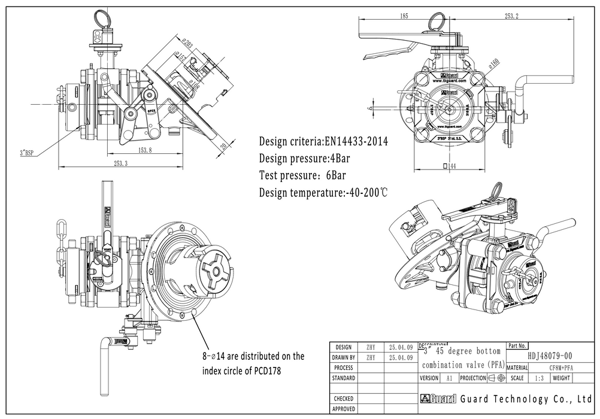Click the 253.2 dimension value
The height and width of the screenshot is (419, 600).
[511, 16]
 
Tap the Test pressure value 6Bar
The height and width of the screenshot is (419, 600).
[334, 176]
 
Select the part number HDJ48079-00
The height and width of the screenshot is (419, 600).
[550, 356]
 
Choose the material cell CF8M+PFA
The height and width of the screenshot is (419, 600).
[560, 368]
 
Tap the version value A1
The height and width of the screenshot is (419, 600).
[449, 378]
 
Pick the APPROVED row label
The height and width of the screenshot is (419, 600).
[343, 409]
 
